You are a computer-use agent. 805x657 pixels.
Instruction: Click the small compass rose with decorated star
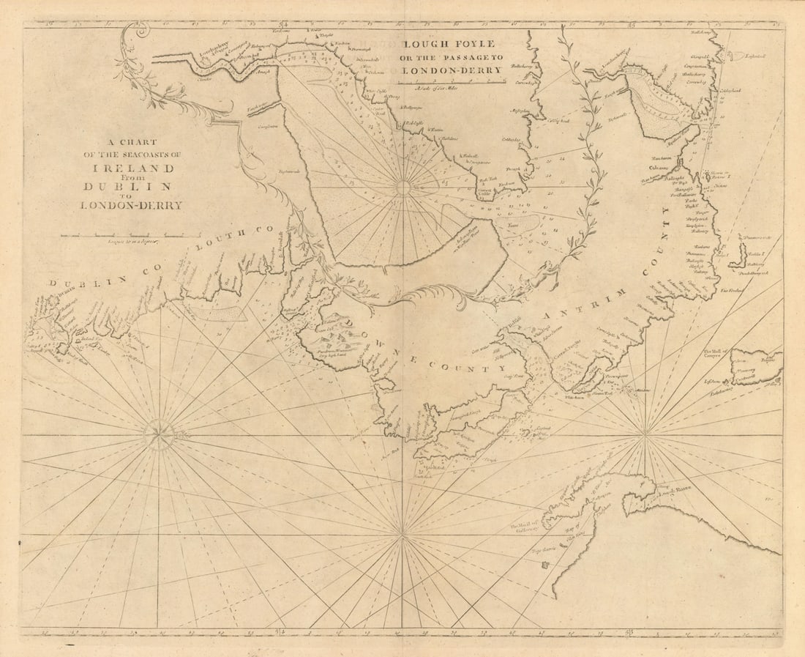coord(159,435)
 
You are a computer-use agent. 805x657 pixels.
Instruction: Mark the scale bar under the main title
coord(130,235)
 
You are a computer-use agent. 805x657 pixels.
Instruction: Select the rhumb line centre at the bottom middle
coord(402,535)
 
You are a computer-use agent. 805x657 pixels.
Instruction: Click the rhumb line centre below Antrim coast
coord(645,435)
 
